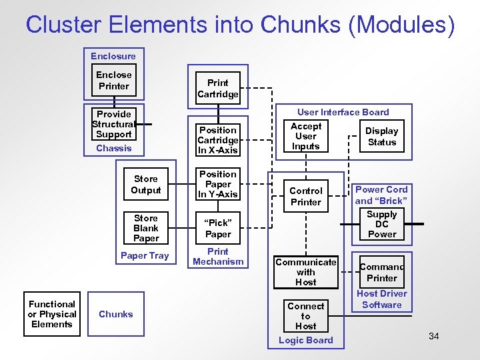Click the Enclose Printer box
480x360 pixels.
tap(114, 81)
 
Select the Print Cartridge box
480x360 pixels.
tap(218, 88)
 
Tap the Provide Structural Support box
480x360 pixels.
tap(114, 124)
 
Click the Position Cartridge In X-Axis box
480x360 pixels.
tap(218, 140)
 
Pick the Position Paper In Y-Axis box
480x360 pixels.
tap(218, 184)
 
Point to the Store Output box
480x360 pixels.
tap(146, 184)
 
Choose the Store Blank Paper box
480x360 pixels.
tap(146, 228)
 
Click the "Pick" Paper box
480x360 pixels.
tap(218, 229)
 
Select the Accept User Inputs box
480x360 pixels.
tap(306, 136)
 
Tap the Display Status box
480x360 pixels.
tap(382, 137)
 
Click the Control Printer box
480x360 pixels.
tap(306, 196)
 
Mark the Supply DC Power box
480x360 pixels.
tap(382, 224)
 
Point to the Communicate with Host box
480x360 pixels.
tap(306, 272)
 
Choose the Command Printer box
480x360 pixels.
tap(382, 272)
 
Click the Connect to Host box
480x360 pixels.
tap(306, 316)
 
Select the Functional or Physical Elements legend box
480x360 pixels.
tap(52, 314)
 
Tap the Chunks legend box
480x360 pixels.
tap(116, 314)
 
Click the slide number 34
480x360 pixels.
tap(433, 335)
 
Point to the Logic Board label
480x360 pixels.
tap(306, 341)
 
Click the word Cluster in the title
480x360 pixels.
tap(63, 25)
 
